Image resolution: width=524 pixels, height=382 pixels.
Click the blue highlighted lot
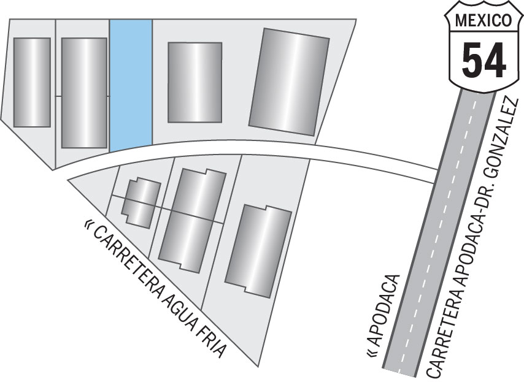pos(131,84)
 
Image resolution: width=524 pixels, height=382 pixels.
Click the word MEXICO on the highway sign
pos(484,21)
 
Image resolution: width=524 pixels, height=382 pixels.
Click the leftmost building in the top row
pos(32,82)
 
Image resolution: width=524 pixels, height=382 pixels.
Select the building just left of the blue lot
pos(85,93)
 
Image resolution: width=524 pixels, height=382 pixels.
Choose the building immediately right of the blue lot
pos(195,82)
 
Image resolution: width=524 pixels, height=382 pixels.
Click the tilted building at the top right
pos(290,80)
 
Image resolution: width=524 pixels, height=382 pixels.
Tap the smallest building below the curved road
pos(141,202)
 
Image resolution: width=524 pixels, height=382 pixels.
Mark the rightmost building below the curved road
pos(258,251)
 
